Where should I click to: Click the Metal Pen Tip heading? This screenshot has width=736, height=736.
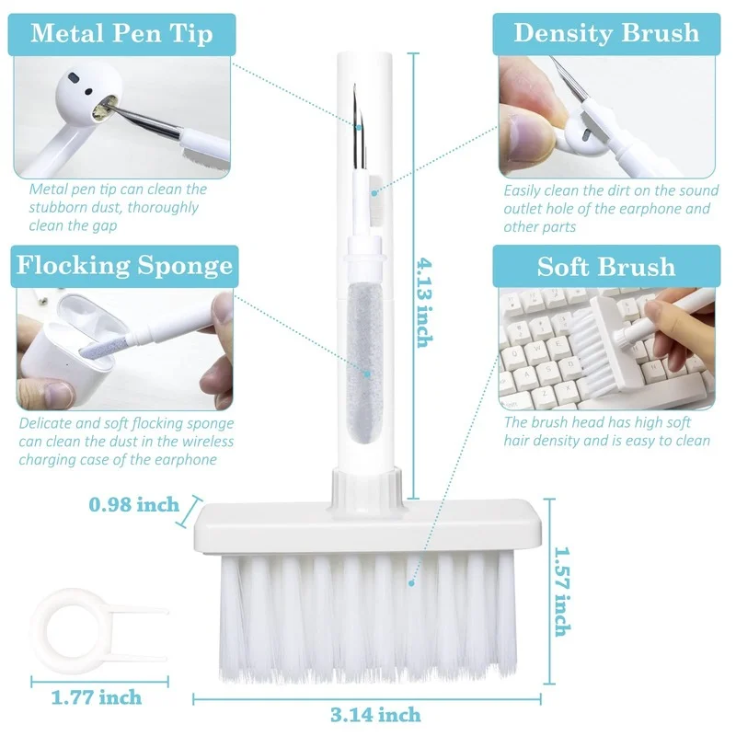[121, 34]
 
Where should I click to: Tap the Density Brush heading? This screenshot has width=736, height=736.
[606, 33]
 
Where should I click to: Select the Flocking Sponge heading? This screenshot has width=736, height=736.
[124, 266]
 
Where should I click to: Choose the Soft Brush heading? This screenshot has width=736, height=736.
[606, 267]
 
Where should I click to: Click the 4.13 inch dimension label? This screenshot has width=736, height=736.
[424, 303]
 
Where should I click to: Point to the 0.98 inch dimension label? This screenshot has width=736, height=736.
[134, 504]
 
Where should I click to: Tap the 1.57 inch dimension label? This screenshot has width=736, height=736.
[562, 592]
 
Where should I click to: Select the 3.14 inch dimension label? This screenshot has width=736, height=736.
[375, 715]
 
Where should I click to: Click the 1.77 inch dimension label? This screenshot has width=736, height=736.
[97, 697]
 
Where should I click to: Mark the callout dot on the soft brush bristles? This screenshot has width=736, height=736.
[411, 583]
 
